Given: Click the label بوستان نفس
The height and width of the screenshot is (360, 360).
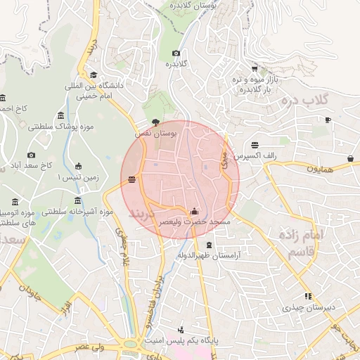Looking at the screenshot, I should coord(157,131).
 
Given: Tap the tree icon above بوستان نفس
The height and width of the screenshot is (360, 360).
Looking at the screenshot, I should coord(155,121).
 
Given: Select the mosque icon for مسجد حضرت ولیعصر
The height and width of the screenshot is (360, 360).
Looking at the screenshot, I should coord(194,211).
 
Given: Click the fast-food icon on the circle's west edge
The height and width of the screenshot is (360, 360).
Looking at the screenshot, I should coord(132,181).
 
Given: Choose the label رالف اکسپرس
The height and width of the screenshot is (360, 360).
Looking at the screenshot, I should coord(256,154).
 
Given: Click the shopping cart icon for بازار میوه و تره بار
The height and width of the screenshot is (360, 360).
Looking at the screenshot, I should coord(254,69).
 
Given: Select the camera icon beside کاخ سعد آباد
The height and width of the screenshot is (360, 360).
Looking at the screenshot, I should coord(31,155).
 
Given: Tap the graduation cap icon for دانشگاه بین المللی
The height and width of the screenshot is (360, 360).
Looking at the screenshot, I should coord(93,75).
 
